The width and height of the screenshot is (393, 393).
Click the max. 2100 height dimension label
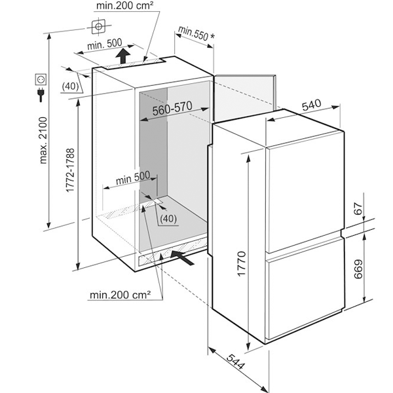point(44,140)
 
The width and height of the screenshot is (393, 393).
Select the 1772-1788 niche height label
point(71,170)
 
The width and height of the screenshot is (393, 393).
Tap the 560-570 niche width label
point(172,109)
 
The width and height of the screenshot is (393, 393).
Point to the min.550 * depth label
point(196,34)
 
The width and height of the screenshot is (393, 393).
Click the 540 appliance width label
point(312,105)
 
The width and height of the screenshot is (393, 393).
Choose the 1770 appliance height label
point(242,264)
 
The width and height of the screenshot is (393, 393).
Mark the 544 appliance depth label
point(235,362)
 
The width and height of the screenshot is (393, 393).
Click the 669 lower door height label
point(358,269)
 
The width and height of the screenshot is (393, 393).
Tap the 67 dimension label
point(359,208)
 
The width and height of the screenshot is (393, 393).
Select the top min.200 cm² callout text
point(124,5)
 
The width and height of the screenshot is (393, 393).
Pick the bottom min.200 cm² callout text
point(121,295)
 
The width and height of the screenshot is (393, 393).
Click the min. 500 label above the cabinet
point(105,45)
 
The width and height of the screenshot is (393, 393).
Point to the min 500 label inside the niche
point(133,178)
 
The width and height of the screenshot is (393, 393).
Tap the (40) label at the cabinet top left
point(70,86)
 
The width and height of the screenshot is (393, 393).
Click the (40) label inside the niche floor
point(168,219)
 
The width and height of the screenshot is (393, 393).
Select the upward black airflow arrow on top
point(123,56)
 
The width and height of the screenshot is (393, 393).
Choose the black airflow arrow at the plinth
point(183,257)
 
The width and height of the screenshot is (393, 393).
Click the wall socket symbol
point(41,80)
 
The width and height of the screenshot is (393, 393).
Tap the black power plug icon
point(41,94)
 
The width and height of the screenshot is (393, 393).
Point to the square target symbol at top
point(98,26)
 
